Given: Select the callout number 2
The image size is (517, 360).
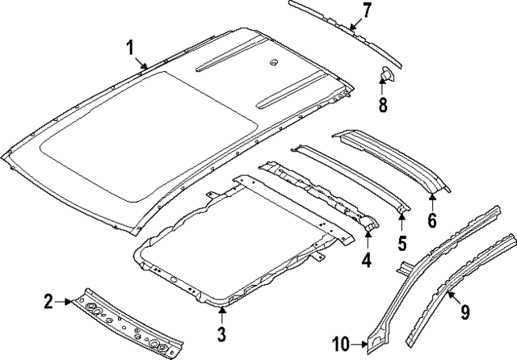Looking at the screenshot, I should pyautogui.click(x=48, y=302).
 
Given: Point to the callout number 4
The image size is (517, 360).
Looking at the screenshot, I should pyautogui.click(x=366, y=260).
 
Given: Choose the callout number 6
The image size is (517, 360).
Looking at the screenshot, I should pyautogui.click(x=432, y=220).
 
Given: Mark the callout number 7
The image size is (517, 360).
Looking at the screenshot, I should pyautogui.click(x=366, y=10).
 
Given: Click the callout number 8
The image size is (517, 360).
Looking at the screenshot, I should pyautogui.click(x=384, y=104).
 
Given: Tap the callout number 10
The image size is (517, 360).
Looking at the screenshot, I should pyautogui.click(x=339, y=345).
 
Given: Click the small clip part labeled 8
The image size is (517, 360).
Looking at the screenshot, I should pyautogui.click(x=385, y=77).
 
